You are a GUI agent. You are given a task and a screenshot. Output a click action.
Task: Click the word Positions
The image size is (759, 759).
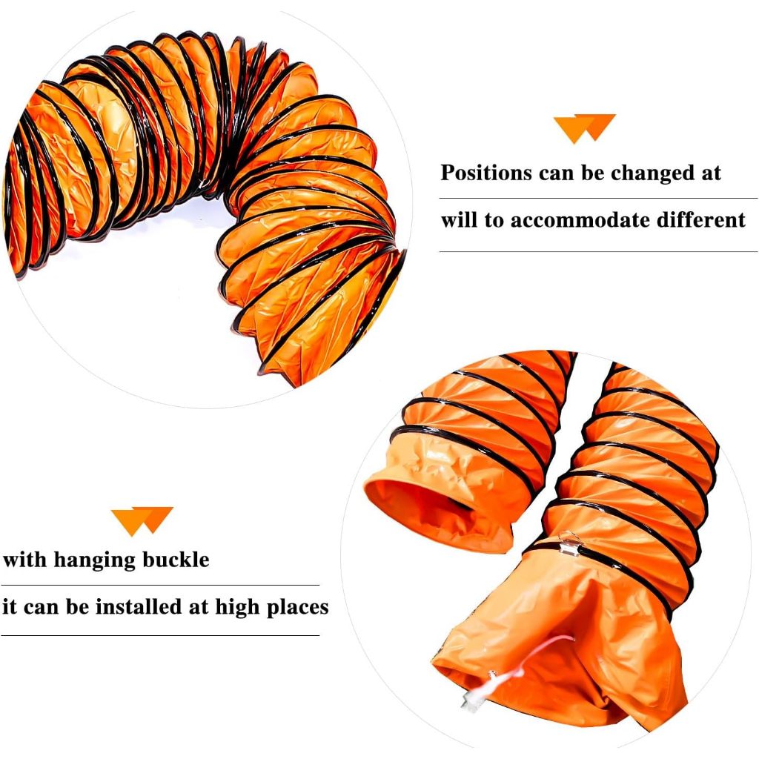tap(486, 172)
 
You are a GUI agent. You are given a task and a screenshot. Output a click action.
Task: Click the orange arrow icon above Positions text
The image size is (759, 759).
tap(585, 128)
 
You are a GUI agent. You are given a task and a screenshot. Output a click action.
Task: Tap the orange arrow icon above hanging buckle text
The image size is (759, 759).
tap(142, 521)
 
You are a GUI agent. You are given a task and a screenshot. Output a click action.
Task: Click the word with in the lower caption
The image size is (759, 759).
tap(24, 560)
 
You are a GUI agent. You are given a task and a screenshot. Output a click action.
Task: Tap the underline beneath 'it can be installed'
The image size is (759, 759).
tap(160, 635)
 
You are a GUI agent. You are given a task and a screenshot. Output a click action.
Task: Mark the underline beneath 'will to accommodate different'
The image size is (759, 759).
tap(598, 251)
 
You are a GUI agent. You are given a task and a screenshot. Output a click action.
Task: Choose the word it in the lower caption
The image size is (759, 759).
tap(10, 606)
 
